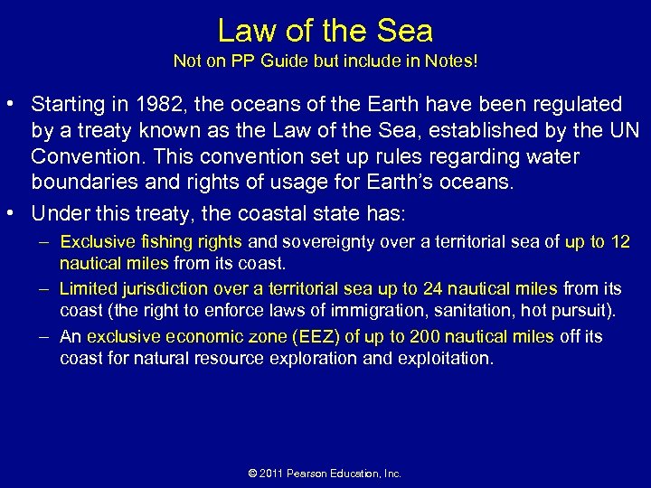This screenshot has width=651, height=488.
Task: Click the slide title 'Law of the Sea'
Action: tap(325, 31)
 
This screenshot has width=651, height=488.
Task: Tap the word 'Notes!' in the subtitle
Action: tap(453, 63)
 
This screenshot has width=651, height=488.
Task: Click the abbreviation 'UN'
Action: tap(623, 131)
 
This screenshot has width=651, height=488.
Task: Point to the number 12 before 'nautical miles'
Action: tap(621, 242)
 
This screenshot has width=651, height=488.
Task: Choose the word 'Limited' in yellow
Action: tap(88, 289)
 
